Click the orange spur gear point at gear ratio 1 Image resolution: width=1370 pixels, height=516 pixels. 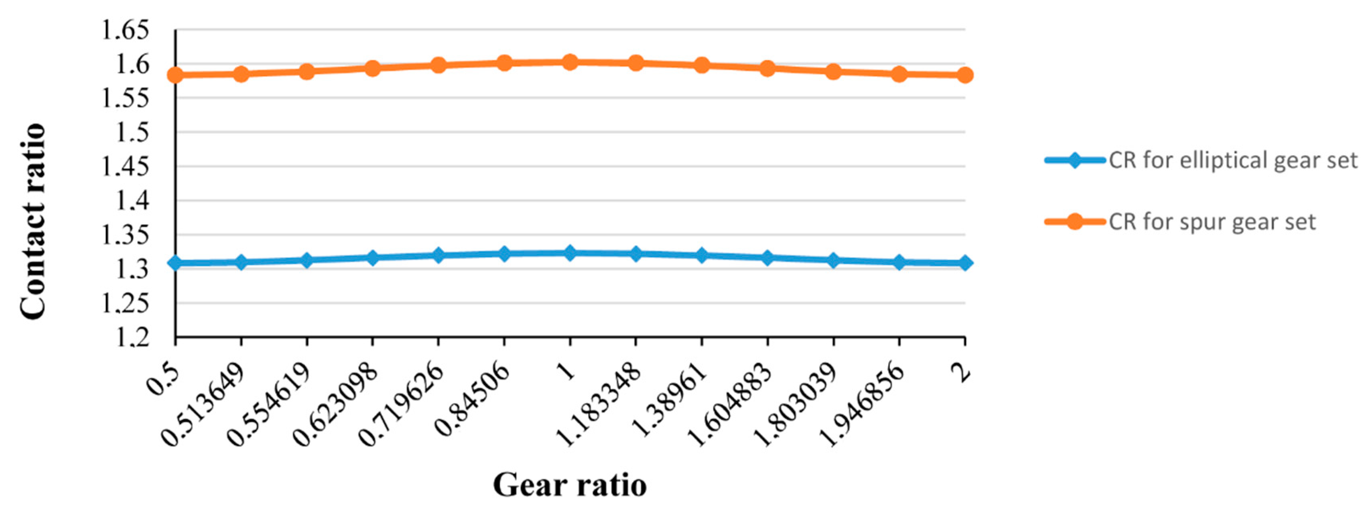pyautogui.click(x=570, y=62)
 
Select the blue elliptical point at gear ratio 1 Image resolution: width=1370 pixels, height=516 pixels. pyautogui.click(x=570, y=253)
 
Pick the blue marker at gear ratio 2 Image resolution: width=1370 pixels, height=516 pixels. pyautogui.click(x=965, y=263)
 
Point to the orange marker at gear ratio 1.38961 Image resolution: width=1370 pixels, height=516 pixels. pyautogui.click(x=702, y=65)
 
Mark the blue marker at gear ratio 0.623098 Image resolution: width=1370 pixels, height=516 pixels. pyautogui.click(x=373, y=258)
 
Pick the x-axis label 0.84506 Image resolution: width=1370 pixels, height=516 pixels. pyautogui.click(x=472, y=397)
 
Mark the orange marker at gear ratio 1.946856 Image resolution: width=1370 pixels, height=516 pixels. pyautogui.click(x=899, y=74)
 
